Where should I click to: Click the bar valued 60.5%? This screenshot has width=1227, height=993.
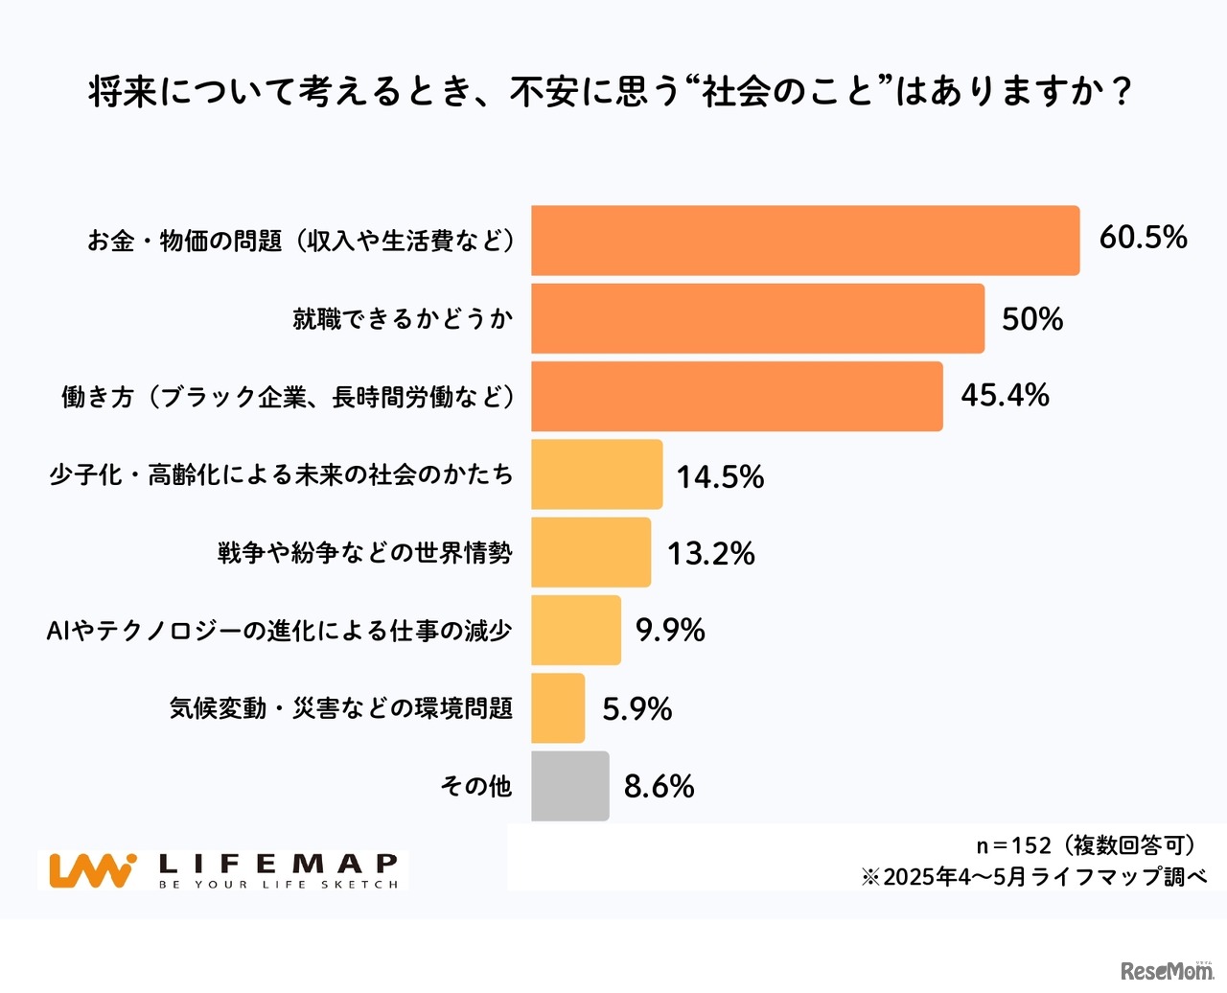tap(805, 241)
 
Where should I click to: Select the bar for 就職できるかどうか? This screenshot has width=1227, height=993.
tap(757, 318)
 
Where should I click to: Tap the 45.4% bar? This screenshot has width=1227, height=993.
tap(736, 396)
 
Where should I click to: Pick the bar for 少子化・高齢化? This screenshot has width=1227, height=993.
tap(596, 474)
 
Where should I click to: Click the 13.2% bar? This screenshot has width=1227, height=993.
tap(590, 552)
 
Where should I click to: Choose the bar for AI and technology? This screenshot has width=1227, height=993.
tap(575, 630)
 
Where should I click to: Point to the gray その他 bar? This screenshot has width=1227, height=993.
tap(569, 786)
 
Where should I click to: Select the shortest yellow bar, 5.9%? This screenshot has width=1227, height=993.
tap(558, 708)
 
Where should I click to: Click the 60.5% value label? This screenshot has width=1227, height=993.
tap(1143, 237)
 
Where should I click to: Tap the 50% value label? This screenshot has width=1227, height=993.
tap(1032, 318)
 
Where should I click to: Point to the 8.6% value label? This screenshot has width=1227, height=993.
tap(659, 786)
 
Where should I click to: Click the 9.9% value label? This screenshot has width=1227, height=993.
tap(670, 630)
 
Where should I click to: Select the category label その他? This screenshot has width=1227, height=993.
tap(475, 786)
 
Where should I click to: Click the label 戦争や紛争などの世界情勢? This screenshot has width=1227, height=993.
tap(364, 553)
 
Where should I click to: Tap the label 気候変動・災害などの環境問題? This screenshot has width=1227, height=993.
tap(340, 708)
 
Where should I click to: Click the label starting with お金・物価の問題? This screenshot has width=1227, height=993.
tap(300, 241)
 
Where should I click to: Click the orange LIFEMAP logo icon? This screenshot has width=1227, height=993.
tap(92, 870)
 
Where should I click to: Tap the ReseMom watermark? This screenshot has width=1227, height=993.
tap(1167, 970)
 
